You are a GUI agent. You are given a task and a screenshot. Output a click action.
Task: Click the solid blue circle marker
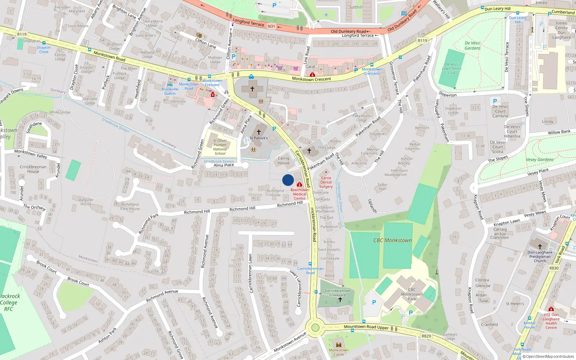pos(288,180)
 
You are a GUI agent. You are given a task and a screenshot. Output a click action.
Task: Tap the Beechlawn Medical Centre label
pos(300,194)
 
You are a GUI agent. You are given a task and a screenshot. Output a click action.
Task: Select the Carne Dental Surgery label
pos(326,182)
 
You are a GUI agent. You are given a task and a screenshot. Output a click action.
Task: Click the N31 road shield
pos(271,26)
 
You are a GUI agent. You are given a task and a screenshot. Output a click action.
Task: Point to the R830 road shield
pos(554,268)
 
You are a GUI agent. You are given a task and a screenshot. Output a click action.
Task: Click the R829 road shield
pos(426,336)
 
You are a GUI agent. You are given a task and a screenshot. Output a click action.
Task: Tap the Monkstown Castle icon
pos(338,345)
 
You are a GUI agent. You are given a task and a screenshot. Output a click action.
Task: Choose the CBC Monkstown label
pos(392,240)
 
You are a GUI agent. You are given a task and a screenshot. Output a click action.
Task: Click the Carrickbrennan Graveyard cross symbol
pos(340,300)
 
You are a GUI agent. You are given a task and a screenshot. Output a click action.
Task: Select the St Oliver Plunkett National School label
pos(220,147)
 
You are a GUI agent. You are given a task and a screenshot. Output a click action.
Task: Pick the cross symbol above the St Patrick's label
pos(258,132)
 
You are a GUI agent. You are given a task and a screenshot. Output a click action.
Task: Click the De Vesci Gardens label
pos(472,45)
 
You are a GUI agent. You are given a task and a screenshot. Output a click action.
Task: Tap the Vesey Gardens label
pos(539,159)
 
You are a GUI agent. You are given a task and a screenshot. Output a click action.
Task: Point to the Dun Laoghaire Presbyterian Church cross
pos(540,246)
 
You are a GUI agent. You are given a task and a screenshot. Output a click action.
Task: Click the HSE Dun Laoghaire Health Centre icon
pos(551,309)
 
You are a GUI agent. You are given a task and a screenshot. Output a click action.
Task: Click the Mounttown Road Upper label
pos(366,327)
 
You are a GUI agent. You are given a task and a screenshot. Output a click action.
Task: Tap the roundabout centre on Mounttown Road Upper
pos(315,328)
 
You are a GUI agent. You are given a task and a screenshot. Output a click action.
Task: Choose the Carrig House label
pos(283,161)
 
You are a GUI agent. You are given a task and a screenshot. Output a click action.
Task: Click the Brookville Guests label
pos(170,91)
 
